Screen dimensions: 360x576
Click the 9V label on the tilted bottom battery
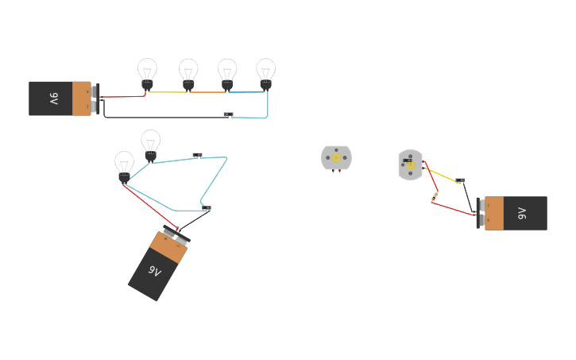[x=154, y=271]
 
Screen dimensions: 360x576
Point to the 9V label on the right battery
[x=521, y=213]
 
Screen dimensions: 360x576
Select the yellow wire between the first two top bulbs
[x=168, y=92]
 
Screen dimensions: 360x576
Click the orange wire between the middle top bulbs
[x=207, y=92]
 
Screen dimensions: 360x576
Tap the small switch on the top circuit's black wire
[x=228, y=115]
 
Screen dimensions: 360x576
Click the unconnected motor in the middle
[x=336, y=157]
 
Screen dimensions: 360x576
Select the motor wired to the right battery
[x=410, y=165]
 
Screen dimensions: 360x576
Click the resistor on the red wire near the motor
[x=435, y=196]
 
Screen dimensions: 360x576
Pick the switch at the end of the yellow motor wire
[x=460, y=181]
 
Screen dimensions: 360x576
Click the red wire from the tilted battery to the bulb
[x=147, y=208]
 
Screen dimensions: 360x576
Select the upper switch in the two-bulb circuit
[x=197, y=155]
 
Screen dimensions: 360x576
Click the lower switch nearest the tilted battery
[x=206, y=208]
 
